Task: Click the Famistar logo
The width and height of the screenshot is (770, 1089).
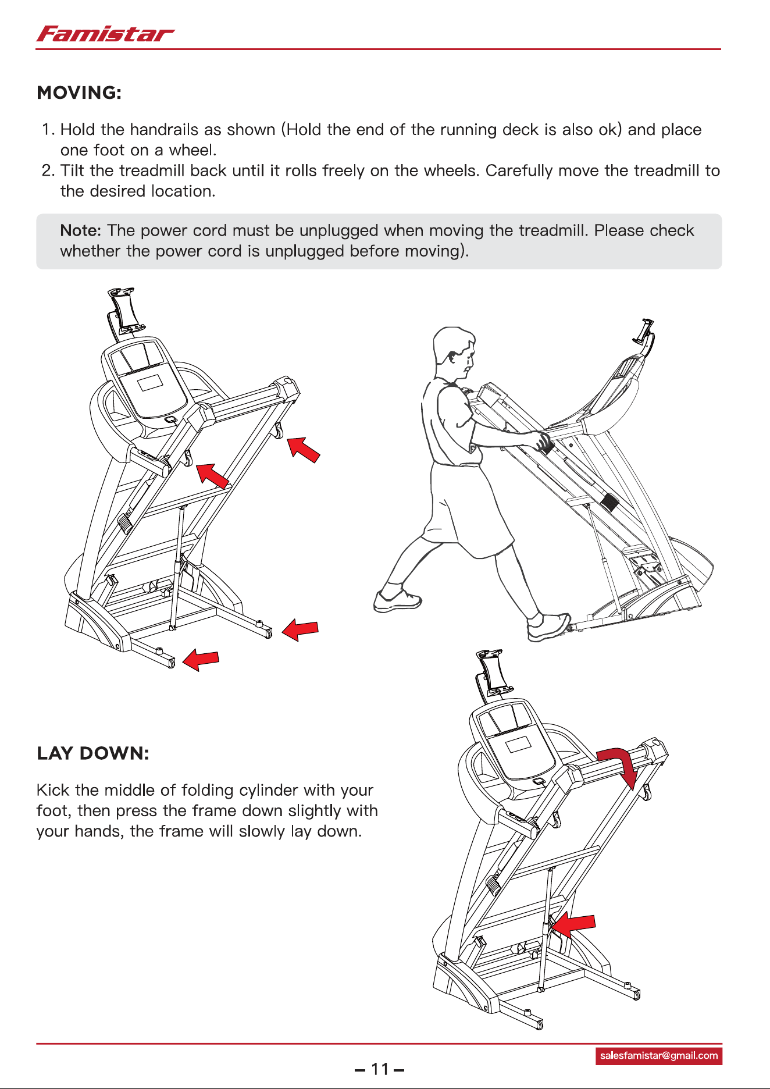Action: [105, 34]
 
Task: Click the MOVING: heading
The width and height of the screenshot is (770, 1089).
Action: [79, 93]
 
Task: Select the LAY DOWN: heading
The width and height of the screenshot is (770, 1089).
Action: [93, 753]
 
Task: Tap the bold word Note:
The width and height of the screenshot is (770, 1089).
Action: [81, 230]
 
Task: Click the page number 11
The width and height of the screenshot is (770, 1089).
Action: [380, 1069]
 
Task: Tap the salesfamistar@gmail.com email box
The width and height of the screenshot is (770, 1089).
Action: [659, 1056]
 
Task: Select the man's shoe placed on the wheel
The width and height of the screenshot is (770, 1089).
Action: [548, 627]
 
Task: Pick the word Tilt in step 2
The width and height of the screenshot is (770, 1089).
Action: [73, 170]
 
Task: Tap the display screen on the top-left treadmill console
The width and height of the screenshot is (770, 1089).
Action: [151, 383]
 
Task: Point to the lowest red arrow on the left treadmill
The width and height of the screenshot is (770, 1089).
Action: [201, 660]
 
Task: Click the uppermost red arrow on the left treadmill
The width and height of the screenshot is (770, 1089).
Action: [304, 450]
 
